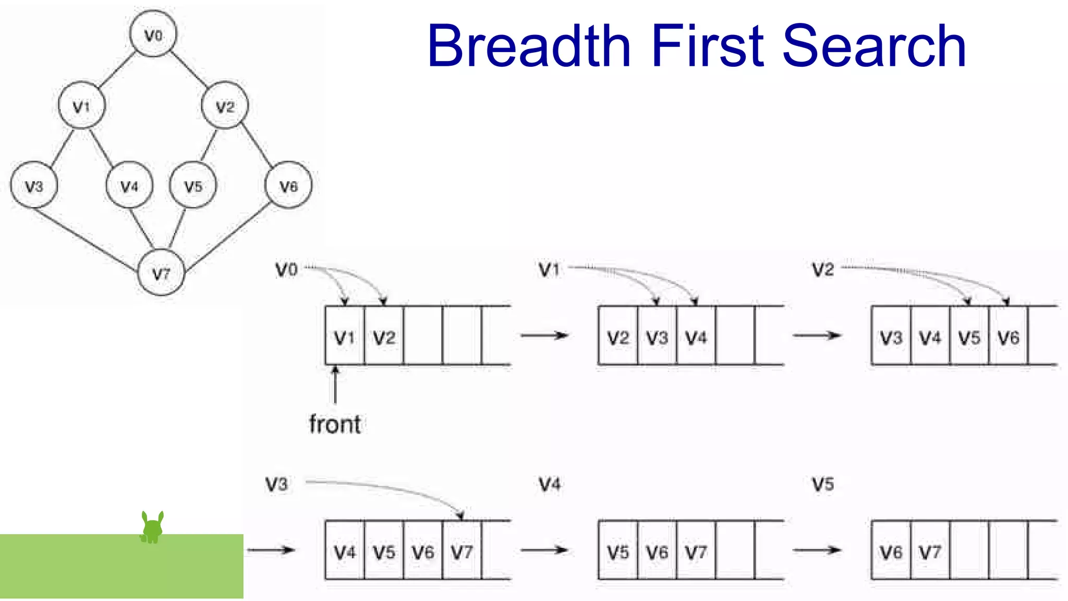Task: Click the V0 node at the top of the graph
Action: tap(153, 34)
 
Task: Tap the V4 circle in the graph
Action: tap(129, 185)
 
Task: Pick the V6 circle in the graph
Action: tap(288, 185)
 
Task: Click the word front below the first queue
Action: tap(334, 424)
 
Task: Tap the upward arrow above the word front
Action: tap(335, 384)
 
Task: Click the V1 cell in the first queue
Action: tap(344, 337)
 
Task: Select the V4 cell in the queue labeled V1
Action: tap(696, 337)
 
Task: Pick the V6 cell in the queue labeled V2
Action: tap(1008, 337)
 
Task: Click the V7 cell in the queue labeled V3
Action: tap(462, 551)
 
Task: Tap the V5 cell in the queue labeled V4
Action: tap(618, 551)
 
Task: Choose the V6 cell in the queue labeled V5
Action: tap(891, 551)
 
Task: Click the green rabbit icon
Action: tap(152, 527)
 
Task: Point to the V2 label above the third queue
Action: tap(823, 270)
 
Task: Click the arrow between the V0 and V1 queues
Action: tap(544, 335)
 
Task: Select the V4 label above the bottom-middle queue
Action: tap(550, 484)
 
